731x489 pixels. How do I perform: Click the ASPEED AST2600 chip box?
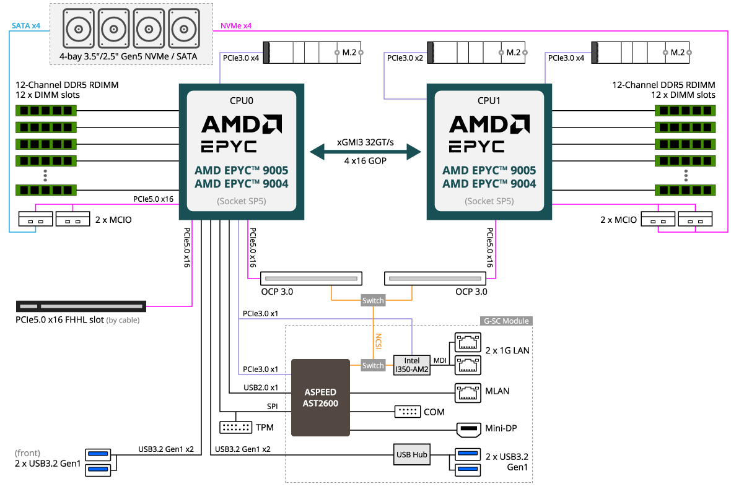pyautogui.click(x=321, y=397)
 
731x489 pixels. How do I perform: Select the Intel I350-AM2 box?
pyautogui.click(x=412, y=365)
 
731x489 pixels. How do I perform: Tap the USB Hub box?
pyautogui.click(x=412, y=454)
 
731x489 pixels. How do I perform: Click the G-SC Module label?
pyautogui.click(x=506, y=321)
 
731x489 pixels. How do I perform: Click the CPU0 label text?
pyautogui.click(x=242, y=100)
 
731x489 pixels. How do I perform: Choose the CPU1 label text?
pyautogui.click(x=489, y=100)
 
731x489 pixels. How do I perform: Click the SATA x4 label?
pyautogui.click(x=26, y=26)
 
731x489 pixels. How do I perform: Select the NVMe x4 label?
pyautogui.click(x=236, y=26)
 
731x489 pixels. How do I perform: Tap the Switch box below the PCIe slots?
pyautogui.click(x=373, y=300)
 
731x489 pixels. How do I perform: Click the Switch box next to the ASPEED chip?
pyautogui.click(x=373, y=365)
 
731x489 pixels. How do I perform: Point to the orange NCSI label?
pyautogui.click(x=378, y=342)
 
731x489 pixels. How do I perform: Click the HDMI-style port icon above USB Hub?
pyautogui.click(x=468, y=430)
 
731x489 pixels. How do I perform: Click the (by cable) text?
pyautogui.click(x=123, y=321)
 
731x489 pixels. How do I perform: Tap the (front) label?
pyautogui.click(x=27, y=453)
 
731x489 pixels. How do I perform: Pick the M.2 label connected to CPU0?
pyautogui.click(x=349, y=53)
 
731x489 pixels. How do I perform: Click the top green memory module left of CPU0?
pyautogui.click(x=45, y=110)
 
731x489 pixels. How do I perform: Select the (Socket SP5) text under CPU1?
pyautogui.click(x=489, y=201)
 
